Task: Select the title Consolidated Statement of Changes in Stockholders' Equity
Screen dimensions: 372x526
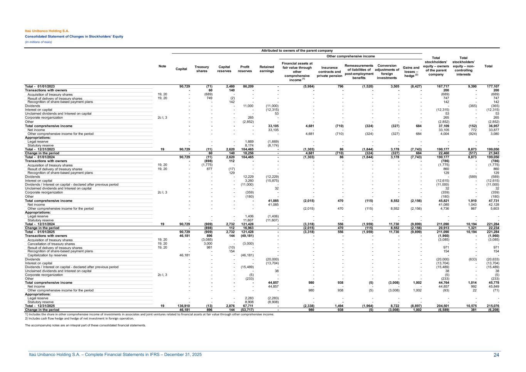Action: (x=74, y=37)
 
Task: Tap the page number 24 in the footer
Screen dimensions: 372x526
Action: (x=496, y=355)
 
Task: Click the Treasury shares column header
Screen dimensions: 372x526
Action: (x=202, y=69)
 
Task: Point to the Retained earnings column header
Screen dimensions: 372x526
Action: (x=267, y=69)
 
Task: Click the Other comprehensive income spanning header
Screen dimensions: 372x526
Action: (x=350, y=56)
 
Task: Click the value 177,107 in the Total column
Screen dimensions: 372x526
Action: (x=493, y=86)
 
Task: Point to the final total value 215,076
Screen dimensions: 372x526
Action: (x=493, y=306)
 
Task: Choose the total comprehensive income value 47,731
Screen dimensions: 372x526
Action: (x=493, y=201)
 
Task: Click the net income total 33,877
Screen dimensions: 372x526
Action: (x=493, y=130)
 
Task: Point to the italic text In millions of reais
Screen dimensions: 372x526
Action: (x=39, y=42)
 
